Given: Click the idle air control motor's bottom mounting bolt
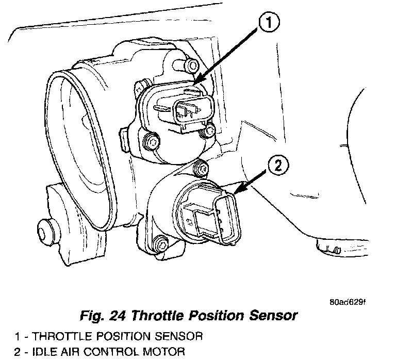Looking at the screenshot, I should coord(161,242).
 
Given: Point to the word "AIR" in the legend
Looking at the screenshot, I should coord(74,353).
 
